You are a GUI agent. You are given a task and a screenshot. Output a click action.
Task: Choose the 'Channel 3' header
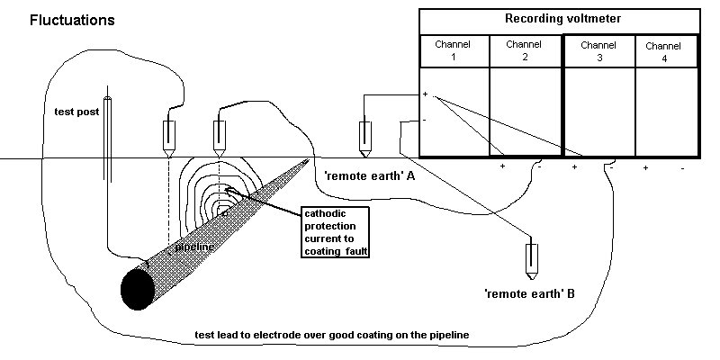(x=598, y=49)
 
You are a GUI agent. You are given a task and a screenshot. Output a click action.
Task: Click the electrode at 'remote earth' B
(x=532, y=258)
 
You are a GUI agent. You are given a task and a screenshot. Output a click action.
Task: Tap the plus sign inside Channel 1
(x=426, y=94)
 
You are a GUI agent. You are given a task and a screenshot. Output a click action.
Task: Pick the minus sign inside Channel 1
(x=425, y=119)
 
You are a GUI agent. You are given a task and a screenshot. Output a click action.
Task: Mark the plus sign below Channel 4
(x=646, y=167)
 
